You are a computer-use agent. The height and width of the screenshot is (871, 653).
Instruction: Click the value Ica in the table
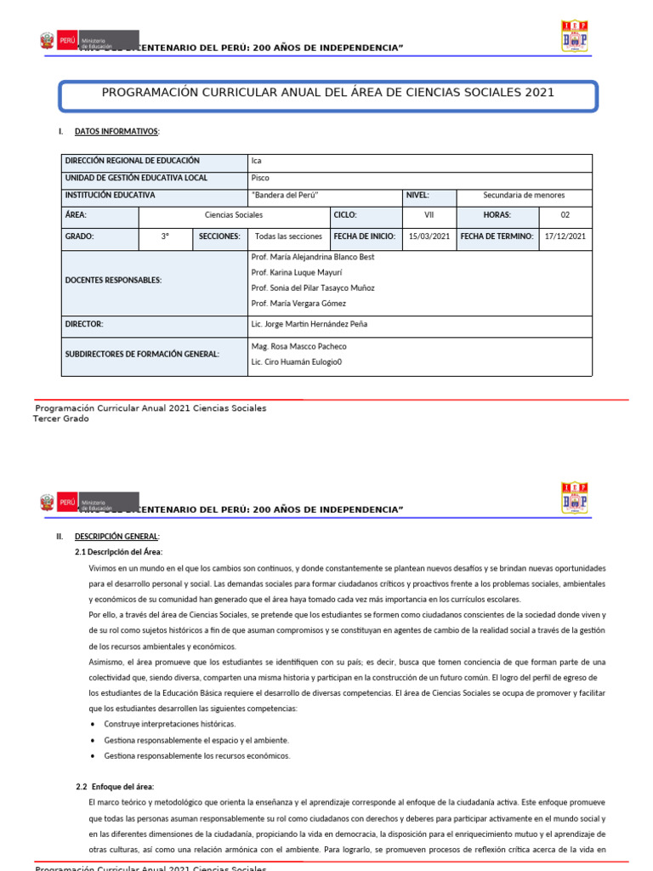coord(257,161)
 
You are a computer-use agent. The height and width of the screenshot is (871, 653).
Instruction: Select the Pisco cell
coord(260,178)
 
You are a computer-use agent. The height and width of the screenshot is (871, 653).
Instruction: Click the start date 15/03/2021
coord(429,236)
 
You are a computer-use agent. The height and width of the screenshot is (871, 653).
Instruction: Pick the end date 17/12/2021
coord(565,236)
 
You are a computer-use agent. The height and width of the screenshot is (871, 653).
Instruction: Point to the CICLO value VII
coord(429,215)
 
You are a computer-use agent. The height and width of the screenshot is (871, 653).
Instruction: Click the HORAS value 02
coord(565,215)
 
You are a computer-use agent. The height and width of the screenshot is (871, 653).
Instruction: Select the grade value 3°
coord(165,236)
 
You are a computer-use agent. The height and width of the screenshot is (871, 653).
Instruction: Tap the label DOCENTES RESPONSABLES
coord(113,280)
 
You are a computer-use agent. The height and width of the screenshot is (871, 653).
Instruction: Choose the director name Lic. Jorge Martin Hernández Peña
coord(309,324)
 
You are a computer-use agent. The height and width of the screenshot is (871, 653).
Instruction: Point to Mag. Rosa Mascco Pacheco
coord(299,346)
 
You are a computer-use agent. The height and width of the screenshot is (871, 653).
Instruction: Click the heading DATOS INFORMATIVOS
coord(111,132)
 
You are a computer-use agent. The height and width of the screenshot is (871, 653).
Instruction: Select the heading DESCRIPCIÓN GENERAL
coord(116,537)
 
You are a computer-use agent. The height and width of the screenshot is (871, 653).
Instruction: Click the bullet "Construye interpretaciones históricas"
coord(170,724)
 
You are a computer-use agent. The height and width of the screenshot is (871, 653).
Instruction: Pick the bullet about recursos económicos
coord(197,755)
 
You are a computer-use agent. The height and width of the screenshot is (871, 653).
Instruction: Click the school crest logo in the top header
coord(575,37)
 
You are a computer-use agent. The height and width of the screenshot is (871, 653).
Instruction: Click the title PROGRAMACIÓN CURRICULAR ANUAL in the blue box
coord(327,93)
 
